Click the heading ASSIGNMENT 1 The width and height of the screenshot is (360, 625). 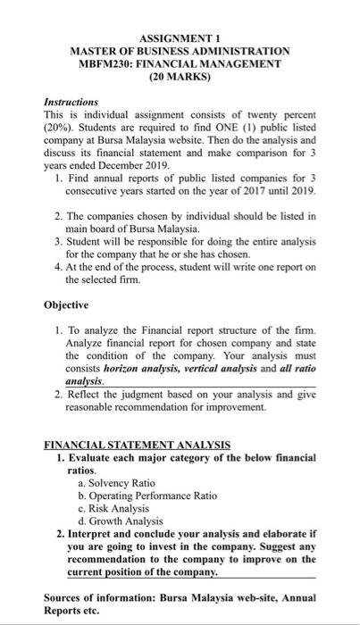point(180,37)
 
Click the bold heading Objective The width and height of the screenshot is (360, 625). point(69,304)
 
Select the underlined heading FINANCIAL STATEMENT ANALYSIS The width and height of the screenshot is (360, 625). point(138,444)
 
